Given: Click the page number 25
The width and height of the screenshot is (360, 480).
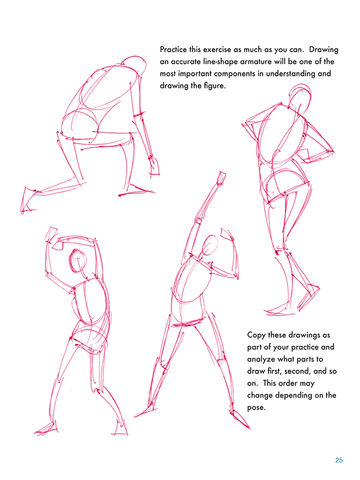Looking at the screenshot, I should (x=339, y=460).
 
